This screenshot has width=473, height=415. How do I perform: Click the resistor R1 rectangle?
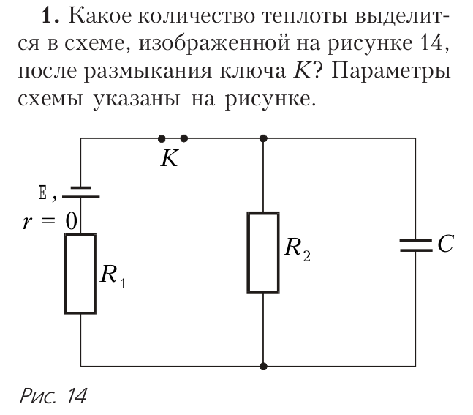(80, 274)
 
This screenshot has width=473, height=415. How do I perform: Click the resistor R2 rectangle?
(263, 253)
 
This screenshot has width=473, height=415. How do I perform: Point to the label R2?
(296, 250)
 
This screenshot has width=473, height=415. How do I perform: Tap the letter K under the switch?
(169, 159)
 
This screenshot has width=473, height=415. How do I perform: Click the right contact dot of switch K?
(183, 138)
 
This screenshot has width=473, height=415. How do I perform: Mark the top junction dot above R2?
(263, 138)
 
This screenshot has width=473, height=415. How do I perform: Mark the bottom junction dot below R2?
(263, 365)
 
